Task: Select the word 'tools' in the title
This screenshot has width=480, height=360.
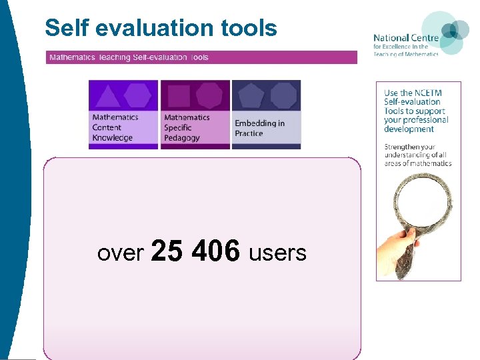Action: click(250, 28)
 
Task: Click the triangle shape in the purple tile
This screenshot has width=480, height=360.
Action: click(107, 96)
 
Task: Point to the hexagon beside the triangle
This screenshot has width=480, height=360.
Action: click(138, 95)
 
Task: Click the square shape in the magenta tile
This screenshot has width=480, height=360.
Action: click(178, 96)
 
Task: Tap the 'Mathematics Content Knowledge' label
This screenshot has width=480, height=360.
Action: click(115, 127)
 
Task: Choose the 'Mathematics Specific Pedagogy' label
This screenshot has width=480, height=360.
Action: click(187, 127)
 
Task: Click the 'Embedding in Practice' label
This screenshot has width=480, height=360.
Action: click(259, 128)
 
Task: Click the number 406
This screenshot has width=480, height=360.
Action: click(215, 252)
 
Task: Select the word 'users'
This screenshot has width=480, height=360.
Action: click(277, 253)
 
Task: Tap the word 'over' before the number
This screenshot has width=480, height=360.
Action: click(121, 253)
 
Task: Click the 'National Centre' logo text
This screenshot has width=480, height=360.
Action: click(405, 39)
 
